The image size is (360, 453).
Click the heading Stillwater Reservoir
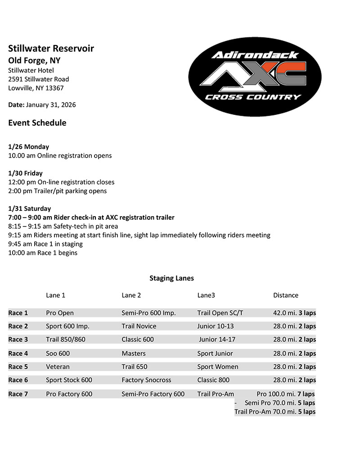click(51, 49)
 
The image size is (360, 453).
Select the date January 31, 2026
click(51, 105)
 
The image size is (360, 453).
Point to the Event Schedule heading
click(37, 122)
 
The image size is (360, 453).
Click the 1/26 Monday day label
click(28, 147)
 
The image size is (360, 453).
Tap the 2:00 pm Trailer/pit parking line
click(58, 191)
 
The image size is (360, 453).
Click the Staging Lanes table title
click(171, 278)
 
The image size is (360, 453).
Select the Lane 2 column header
click(131, 295)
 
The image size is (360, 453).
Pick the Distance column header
click(286, 295)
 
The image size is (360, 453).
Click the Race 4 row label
click(18, 353)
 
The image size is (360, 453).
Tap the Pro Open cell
click(60, 313)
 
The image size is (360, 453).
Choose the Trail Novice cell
click(139, 326)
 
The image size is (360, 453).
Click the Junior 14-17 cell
click(217, 340)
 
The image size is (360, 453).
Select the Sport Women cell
click(218, 367)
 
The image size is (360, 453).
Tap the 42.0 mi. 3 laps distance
click(294, 313)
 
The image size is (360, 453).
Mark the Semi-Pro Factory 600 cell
click(153, 394)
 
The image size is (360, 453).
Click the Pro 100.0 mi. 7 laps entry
click(285, 394)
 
